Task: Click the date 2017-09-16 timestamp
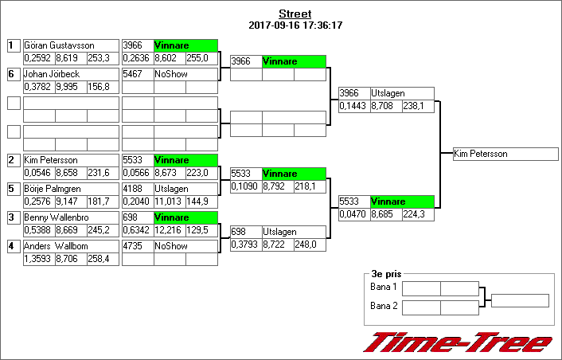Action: tap(295, 25)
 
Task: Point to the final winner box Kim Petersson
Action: tap(505, 154)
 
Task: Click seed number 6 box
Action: tap(13, 74)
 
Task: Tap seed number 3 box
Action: tap(13, 217)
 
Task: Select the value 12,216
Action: tap(169, 230)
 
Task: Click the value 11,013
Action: tap(169, 202)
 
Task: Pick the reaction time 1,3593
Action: tap(38, 259)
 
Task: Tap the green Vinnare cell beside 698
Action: tap(185, 217)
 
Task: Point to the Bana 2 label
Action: tap(384, 305)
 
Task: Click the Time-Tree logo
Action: tap(458, 342)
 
